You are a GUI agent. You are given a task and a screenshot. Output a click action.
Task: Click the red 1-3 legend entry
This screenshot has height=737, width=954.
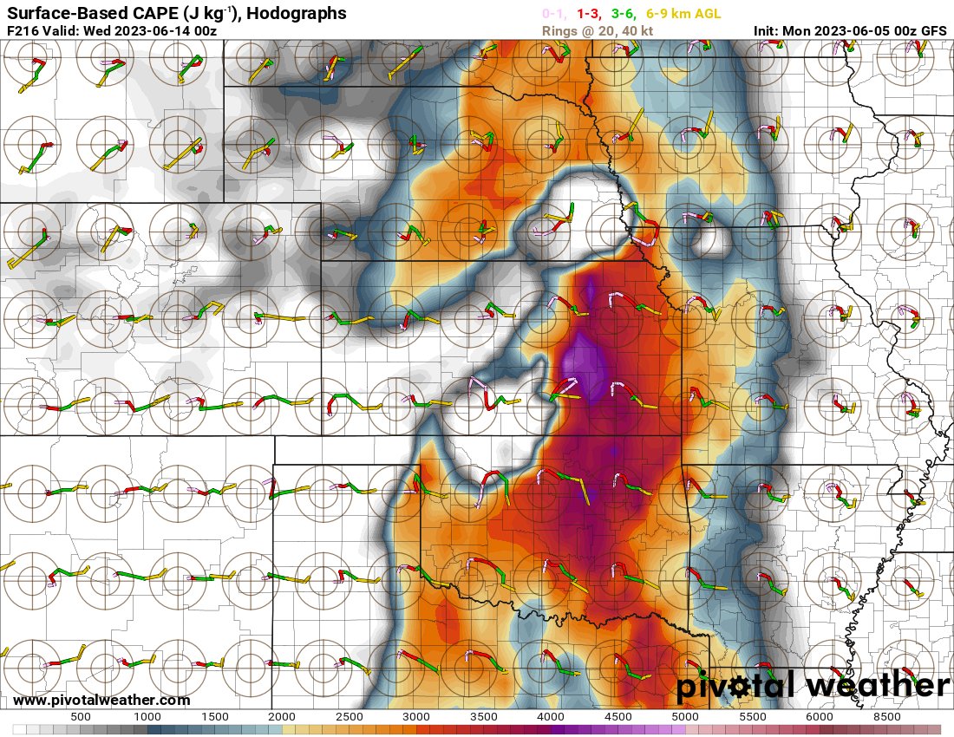pos(590,14)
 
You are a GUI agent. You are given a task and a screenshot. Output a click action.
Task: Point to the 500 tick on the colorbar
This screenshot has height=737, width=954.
pos(81,717)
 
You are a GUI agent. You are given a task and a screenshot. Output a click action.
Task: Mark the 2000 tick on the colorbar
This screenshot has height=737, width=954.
pos(283,717)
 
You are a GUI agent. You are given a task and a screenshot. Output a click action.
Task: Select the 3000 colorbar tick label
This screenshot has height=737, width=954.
pos(417,717)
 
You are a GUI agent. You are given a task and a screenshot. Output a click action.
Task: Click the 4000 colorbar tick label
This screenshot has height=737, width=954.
pos(552,717)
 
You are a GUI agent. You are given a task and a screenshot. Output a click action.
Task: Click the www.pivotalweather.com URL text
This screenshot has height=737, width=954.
pos(101,700)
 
